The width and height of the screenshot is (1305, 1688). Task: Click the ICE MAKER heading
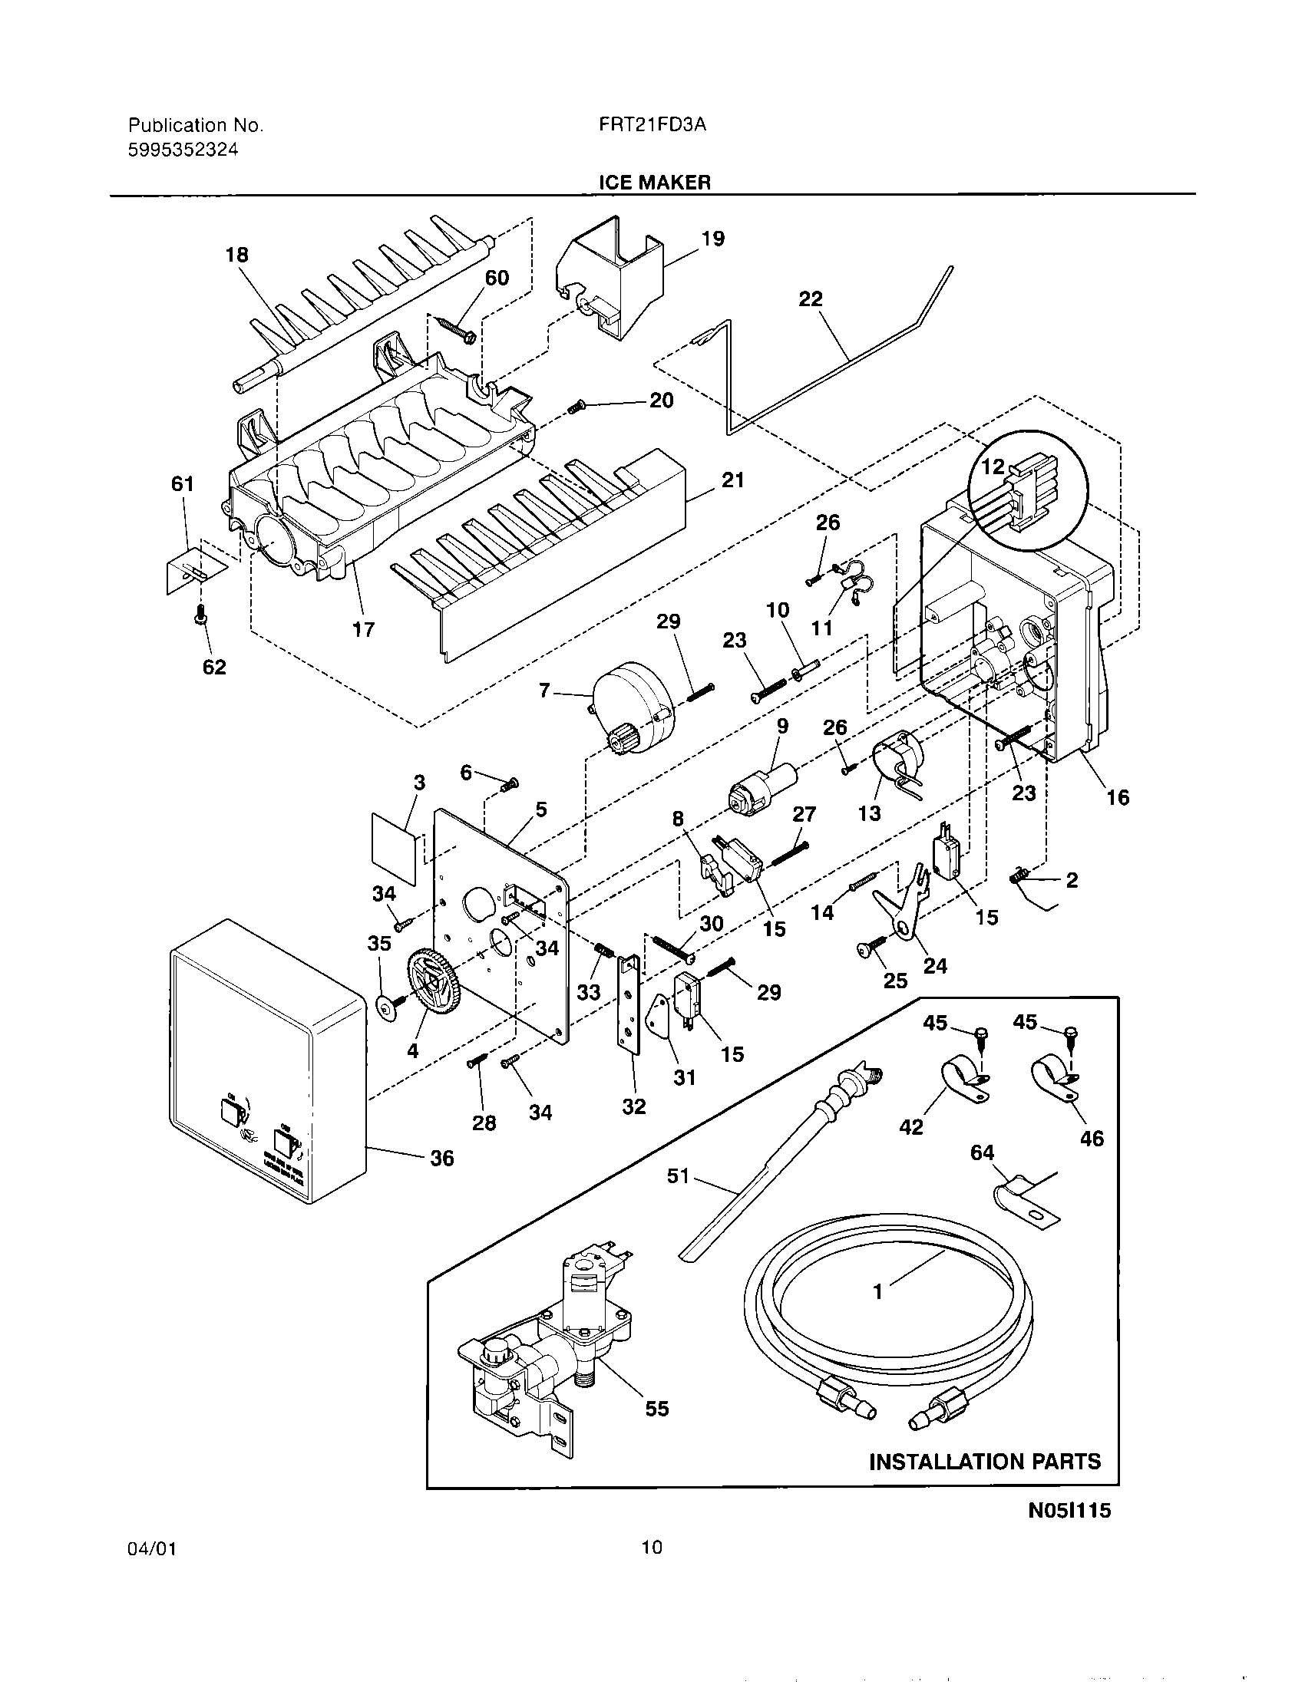[x=654, y=182]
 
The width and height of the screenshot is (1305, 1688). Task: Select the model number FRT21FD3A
[x=652, y=125]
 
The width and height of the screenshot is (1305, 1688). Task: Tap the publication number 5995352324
[x=183, y=150]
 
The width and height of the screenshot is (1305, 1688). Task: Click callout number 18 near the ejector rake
[x=236, y=254]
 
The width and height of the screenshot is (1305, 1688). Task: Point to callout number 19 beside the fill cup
[x=712, y=238]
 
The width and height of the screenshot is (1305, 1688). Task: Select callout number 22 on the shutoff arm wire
[x=810, y=298]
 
